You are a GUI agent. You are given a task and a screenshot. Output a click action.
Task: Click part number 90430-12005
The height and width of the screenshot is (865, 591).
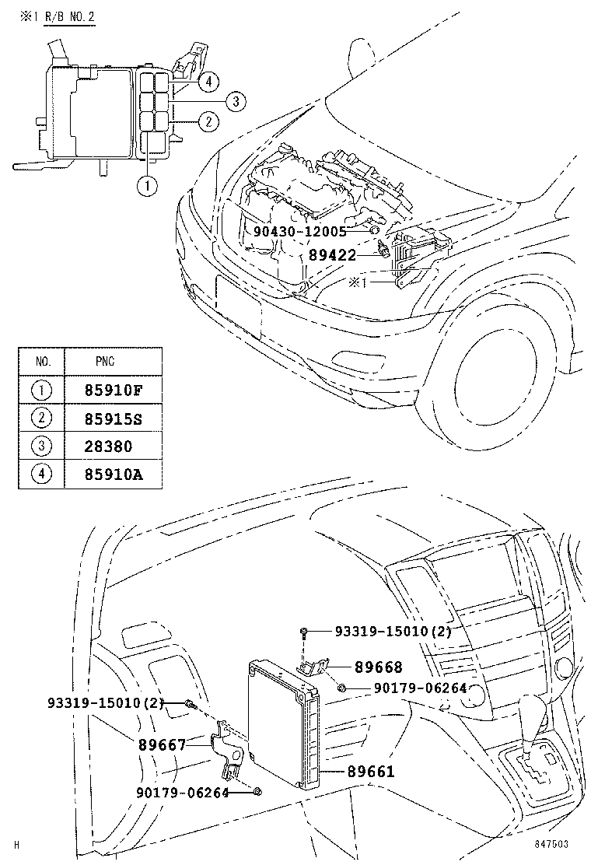pyautogui.click(x=299, y=231)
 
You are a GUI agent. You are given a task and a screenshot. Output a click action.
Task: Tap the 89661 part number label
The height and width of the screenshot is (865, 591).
pyautogui.click(x=371, y=772)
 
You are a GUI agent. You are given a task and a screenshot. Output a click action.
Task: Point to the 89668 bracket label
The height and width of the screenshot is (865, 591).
pyautogui.click(x=379, y=667)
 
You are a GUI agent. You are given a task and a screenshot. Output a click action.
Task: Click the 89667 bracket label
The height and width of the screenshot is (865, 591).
pyautogui.click(x=163, y=744)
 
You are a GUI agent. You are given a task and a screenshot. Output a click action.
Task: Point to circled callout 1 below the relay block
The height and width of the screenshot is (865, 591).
pyautogui.click(x=145, y=185)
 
